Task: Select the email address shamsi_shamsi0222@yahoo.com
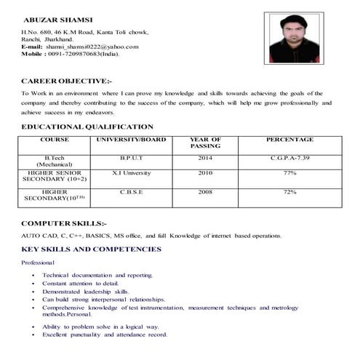click(92, 47)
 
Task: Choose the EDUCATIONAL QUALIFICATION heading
click(88, 127)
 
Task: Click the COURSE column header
click(55, 139)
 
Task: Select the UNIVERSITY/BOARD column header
click(131, 139)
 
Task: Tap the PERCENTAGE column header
click(289, 139)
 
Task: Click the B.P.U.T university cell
click(132, 157)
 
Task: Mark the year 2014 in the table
click(205, 157)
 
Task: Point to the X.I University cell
click(132, 173)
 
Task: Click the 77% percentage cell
click(289, 173)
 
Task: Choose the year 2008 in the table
click(205, 192)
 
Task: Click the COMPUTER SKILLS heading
click(64, 223)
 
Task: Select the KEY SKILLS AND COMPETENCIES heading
click(91, 249)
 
